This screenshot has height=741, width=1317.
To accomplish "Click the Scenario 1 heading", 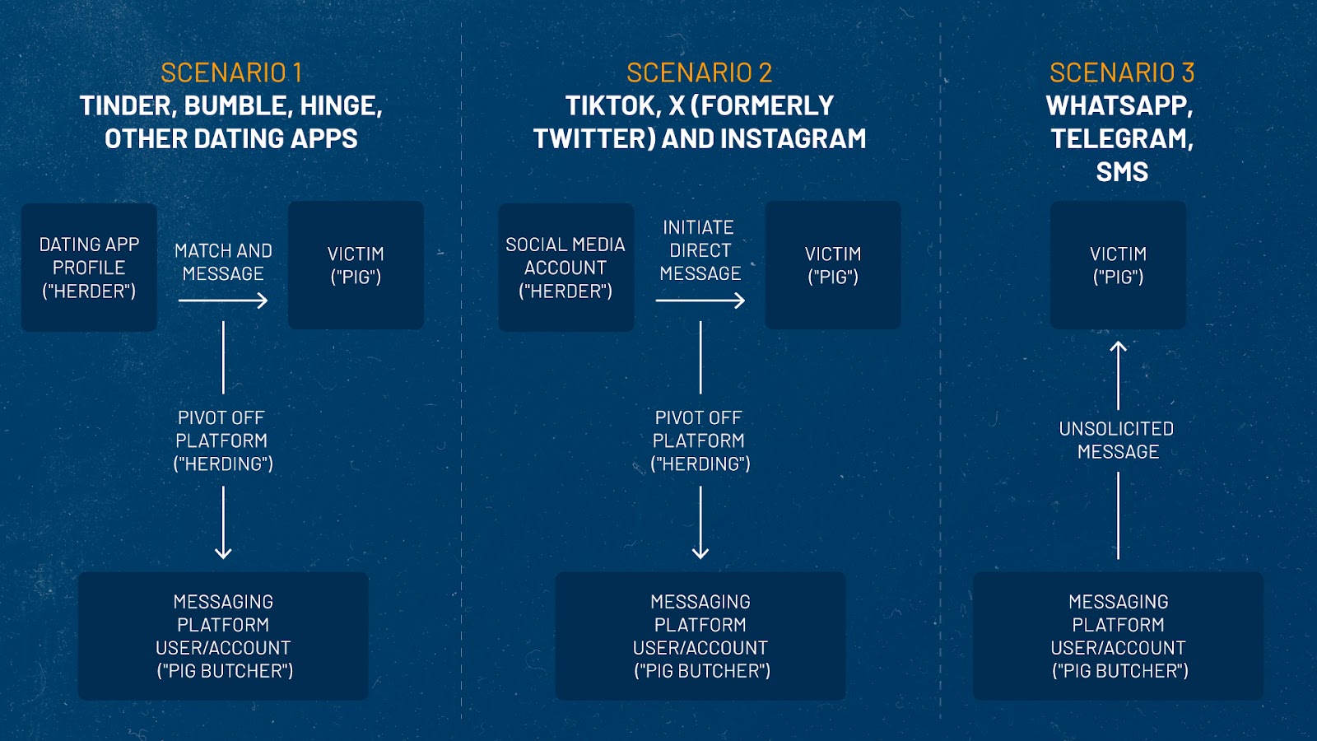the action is point(231,73).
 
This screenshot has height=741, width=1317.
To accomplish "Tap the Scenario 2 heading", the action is point(699,73).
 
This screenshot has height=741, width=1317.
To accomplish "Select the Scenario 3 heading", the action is point(1122,73).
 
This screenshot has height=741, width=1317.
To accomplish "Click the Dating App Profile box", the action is point(90,268).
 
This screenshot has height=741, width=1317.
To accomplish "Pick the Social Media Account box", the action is point(566,268).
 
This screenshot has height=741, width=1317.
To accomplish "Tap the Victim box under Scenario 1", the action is point(356,265).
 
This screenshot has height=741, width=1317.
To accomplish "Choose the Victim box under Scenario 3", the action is point(1119,265).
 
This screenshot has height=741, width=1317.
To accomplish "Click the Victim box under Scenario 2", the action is point(833,265).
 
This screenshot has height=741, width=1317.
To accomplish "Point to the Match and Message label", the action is point(223,263).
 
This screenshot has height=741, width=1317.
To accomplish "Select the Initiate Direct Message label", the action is point(700,250).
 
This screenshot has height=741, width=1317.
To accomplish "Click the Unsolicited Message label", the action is point(1117,440).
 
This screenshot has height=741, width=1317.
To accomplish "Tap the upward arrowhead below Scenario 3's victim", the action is point(1119,347).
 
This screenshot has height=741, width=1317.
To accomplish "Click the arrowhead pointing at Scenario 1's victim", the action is point(262,301).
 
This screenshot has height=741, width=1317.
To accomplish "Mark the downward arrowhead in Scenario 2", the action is point(700,552).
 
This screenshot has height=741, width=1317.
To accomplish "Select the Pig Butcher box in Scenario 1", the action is point(223,636).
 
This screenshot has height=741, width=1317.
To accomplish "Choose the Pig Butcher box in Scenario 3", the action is point(1119,636).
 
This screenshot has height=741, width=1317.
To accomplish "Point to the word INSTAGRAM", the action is point(793,139).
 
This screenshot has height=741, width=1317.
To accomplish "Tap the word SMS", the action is point(1122,172).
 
